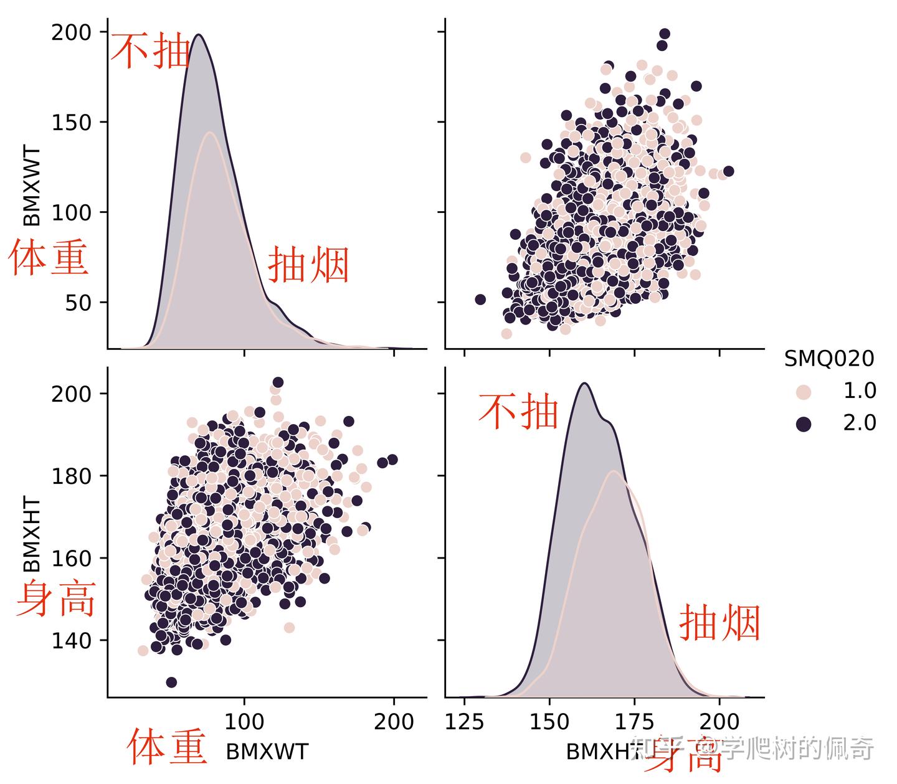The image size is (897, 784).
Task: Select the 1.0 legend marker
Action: (x=804, y=392)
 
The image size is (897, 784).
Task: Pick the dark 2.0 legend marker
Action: (x=804, y=424)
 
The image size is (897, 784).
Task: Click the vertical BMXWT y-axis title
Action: (x=32, y=186)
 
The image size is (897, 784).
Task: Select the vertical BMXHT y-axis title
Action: (x=32, y=534)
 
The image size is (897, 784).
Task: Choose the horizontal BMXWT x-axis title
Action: (x=267, y=752)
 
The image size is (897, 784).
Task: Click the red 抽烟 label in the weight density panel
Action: (x=308, y=265)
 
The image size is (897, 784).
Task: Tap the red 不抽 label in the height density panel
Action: (x=518, y=411)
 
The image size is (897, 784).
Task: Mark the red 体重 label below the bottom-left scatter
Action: (x=167, y=747)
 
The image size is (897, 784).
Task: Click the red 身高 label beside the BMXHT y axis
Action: (x=56, y=599)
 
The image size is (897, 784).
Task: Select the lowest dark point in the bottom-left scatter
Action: (x=171, y=682)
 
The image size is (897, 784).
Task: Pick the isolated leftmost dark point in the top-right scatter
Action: (x=480, y=300)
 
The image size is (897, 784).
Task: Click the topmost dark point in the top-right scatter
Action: (x=665, y=34)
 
